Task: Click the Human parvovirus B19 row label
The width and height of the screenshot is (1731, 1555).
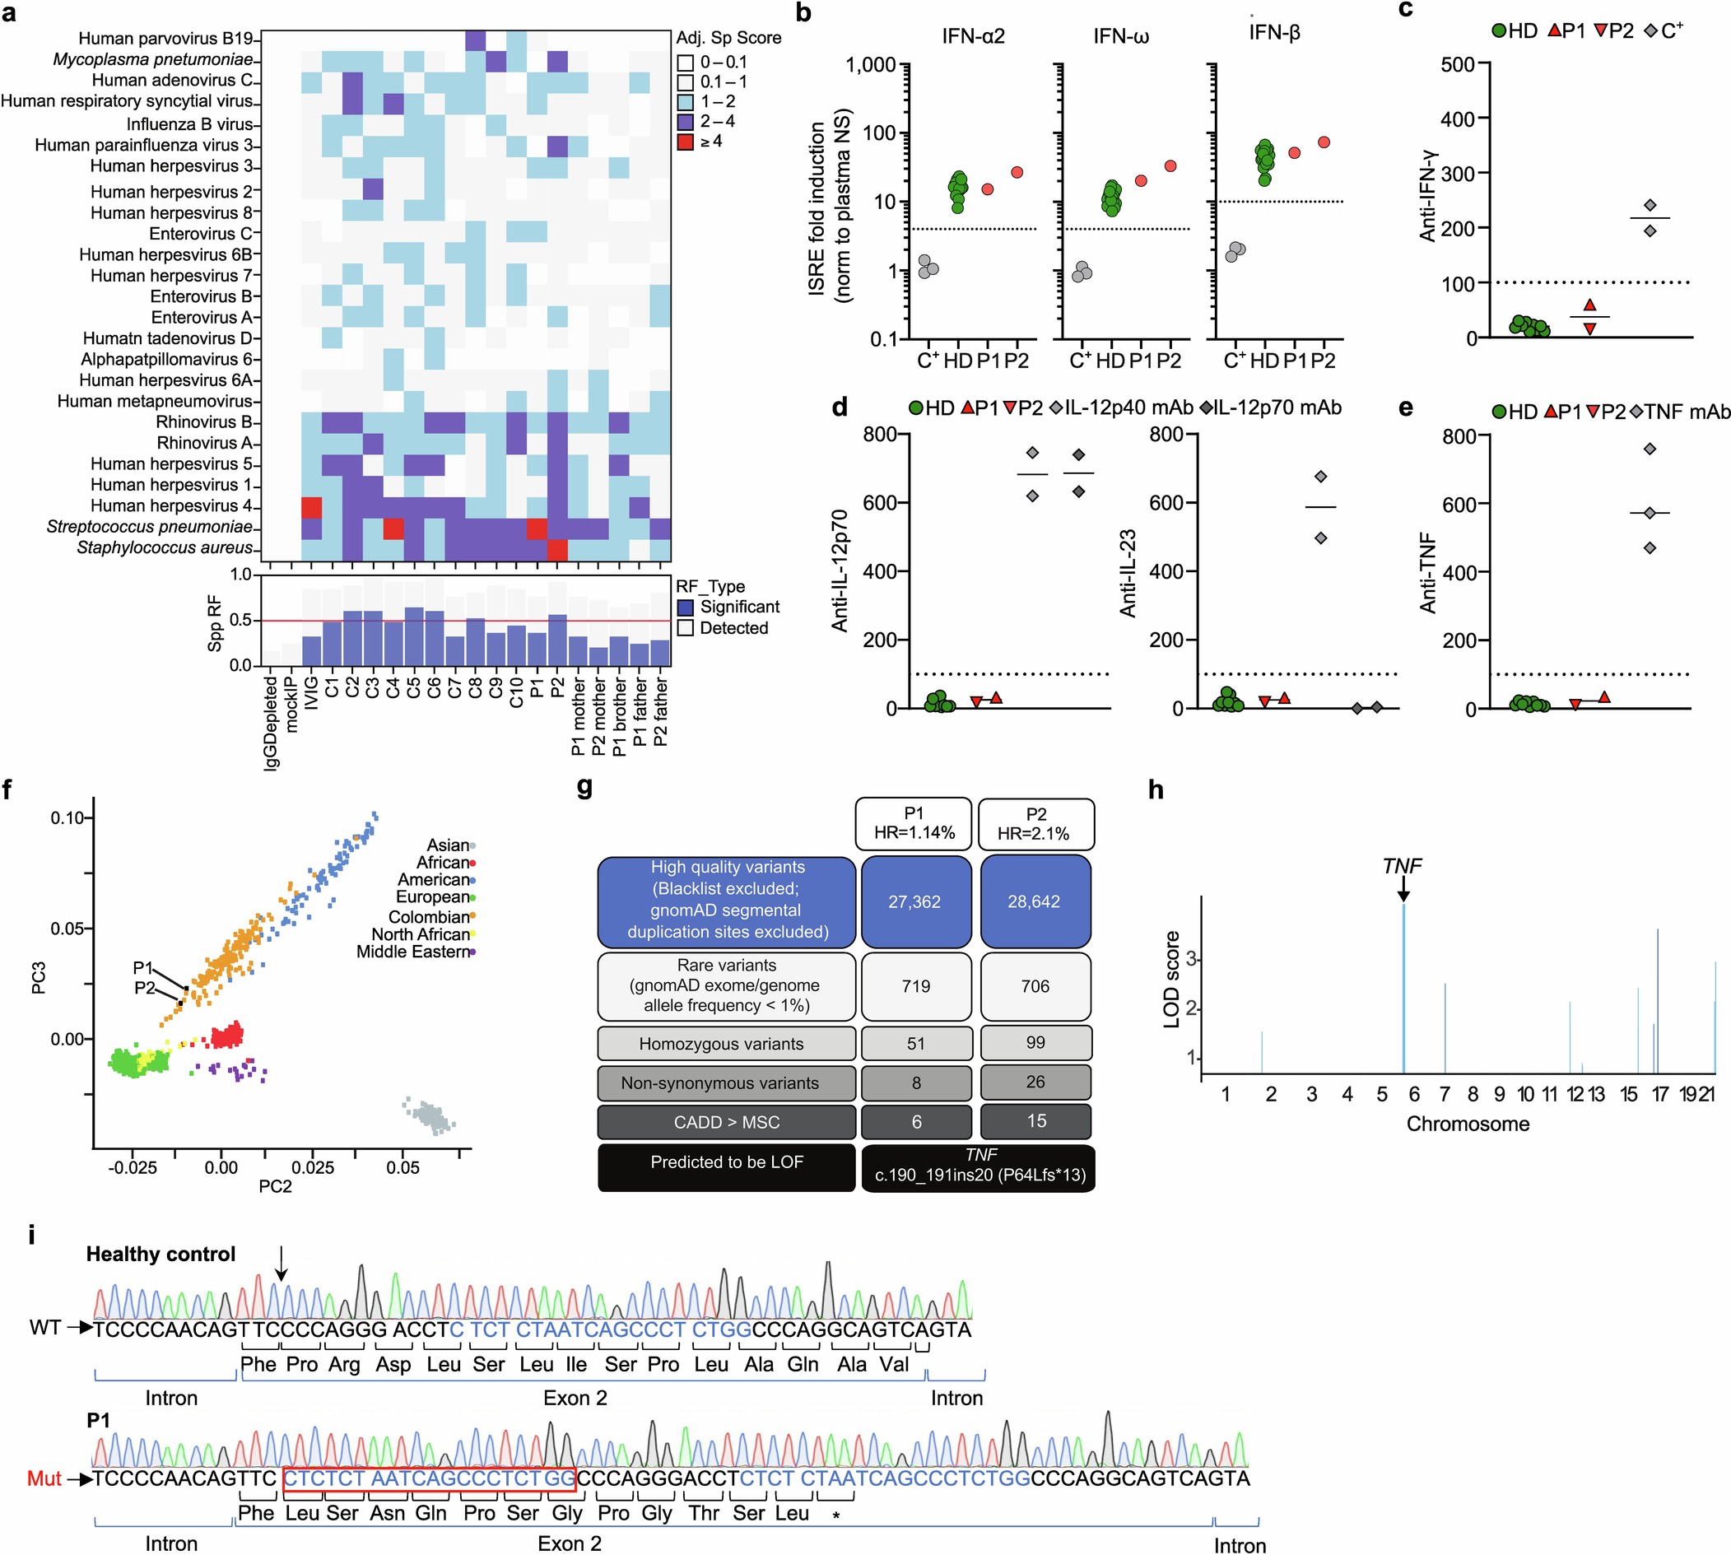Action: click(x=165, y=39)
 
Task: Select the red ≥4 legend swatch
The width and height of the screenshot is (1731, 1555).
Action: click(x=685, y=141)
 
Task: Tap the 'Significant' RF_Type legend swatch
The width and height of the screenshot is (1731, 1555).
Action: click(x=685, y=608)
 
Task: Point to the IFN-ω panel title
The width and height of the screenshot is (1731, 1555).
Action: click(x=1120, y=36)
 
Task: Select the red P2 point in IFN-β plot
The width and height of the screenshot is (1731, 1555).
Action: click(x=1324, y=142)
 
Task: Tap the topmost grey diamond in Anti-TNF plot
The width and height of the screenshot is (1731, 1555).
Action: click(x=1650, y=449)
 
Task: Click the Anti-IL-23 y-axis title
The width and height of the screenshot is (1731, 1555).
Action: click(x=1128, y=572)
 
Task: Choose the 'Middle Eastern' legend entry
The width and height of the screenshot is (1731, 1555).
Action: click(x=412, y=951)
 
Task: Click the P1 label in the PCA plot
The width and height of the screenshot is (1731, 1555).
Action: click(x=142, y=967)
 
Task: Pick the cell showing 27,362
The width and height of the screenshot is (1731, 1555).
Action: click(x=914, y=901)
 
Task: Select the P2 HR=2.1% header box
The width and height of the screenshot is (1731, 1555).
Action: click(x=1035, y=824)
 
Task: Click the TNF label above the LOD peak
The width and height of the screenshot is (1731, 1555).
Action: click(x=1401, y=865)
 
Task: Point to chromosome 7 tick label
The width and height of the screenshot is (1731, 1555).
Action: click(x=1444, y=1095)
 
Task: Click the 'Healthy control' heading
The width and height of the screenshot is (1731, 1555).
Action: click(x=161, y=1254)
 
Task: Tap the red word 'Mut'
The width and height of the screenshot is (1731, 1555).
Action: click(x=44, y=1478)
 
